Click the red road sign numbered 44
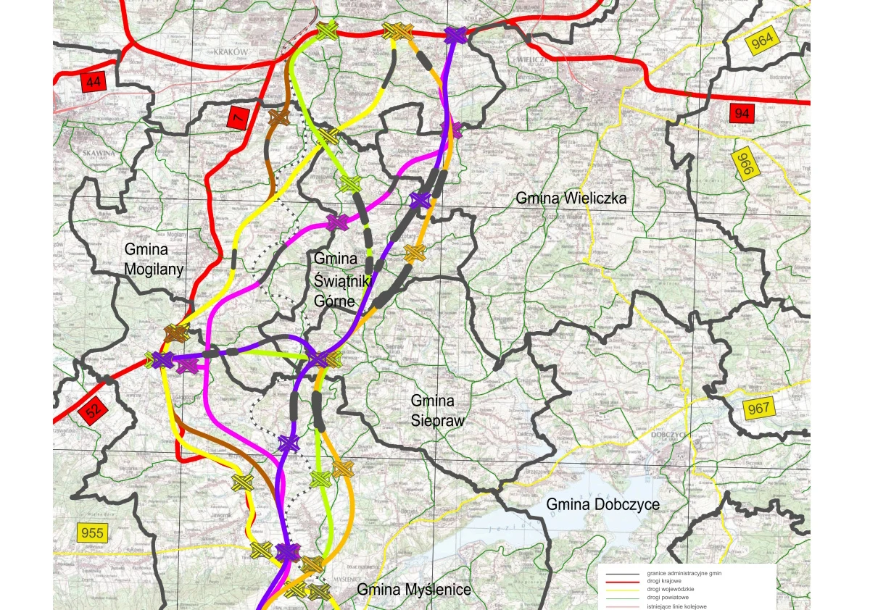pos(93,82)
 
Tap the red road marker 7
pos(237,118)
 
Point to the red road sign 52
pos(94,411)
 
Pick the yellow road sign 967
pos(758,409)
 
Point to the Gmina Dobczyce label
pos(603,504)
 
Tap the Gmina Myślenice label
pos(414,590)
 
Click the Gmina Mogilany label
pos(146,259)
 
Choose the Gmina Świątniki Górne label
pos(336,279)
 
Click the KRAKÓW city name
pos(231,52)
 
